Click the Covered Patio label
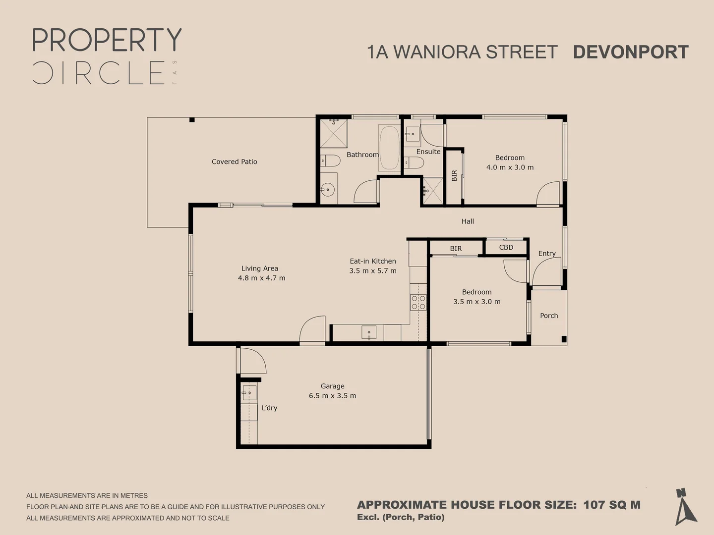(x=234, y=161)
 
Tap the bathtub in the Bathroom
(x=389, y=148)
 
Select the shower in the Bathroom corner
(x=333, y=133)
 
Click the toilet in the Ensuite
(x=414, y=162)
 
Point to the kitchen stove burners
(x=418, y=302)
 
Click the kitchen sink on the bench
(x=369, y=332)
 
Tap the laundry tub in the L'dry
(x=249, y=393)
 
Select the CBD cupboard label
(x=506, y=247)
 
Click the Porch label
(x=549, y=316)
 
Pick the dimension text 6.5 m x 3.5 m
(x=332, y=396)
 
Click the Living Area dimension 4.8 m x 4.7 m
(x=261, y=278)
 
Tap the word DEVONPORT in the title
(x=631, y=52)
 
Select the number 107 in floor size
(x=594, y=505)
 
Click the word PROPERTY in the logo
(x=107, y=40)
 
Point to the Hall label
(x=468, y=221)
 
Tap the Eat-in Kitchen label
(x=373, y=261)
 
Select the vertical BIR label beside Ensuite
(x=454, y=176)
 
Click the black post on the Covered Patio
(x=192, y=120)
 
